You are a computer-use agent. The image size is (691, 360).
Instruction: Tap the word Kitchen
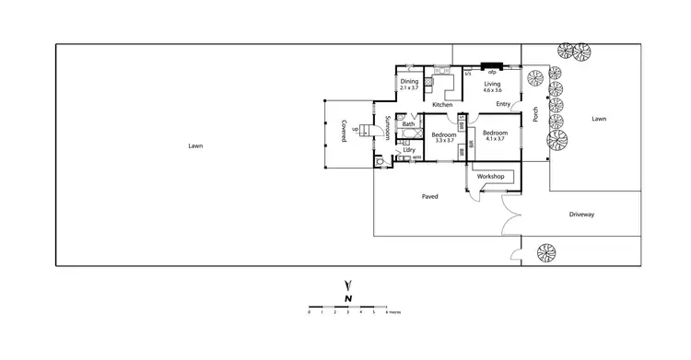pyautogui.click(x=442, y=105)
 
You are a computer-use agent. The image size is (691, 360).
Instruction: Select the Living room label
pyautogui.click(x=492, y=84)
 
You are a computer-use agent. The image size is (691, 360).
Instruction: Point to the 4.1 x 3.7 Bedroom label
pyautogui.click(x=494, y=135)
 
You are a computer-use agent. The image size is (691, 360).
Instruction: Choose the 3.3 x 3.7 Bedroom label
pyautogui.click(x=445, y=136)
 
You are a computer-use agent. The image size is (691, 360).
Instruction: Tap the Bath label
pyautogui.click(x=408, y=124)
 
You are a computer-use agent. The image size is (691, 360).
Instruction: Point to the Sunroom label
pyautogui.click(x=388, y=129)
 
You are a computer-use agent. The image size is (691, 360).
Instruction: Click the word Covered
pyautogui.click(x=343, y=131)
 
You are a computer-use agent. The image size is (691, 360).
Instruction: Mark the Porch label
pyautogui.click(x=535, y=114)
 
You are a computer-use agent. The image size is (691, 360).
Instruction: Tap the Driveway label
pyautogui.click(x=581, y=215)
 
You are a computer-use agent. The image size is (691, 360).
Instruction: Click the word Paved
pyautogui.click(x=429, y=196)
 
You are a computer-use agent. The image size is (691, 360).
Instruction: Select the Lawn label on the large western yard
pyautogui.click(x=194, y=145)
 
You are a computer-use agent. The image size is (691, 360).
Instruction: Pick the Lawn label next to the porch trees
pyautogui.click(x=599, y=119)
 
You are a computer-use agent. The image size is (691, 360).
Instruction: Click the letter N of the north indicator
pyautogui.click(x=347, y=298)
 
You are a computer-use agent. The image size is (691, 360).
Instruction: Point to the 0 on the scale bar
pyautogui.click(x=309, y=312)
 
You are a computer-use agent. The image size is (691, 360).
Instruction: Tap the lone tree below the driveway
pyautogui.click(x=545, y=253)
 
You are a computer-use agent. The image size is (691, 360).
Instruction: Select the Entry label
pyautogui.click(x=503, y=104)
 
